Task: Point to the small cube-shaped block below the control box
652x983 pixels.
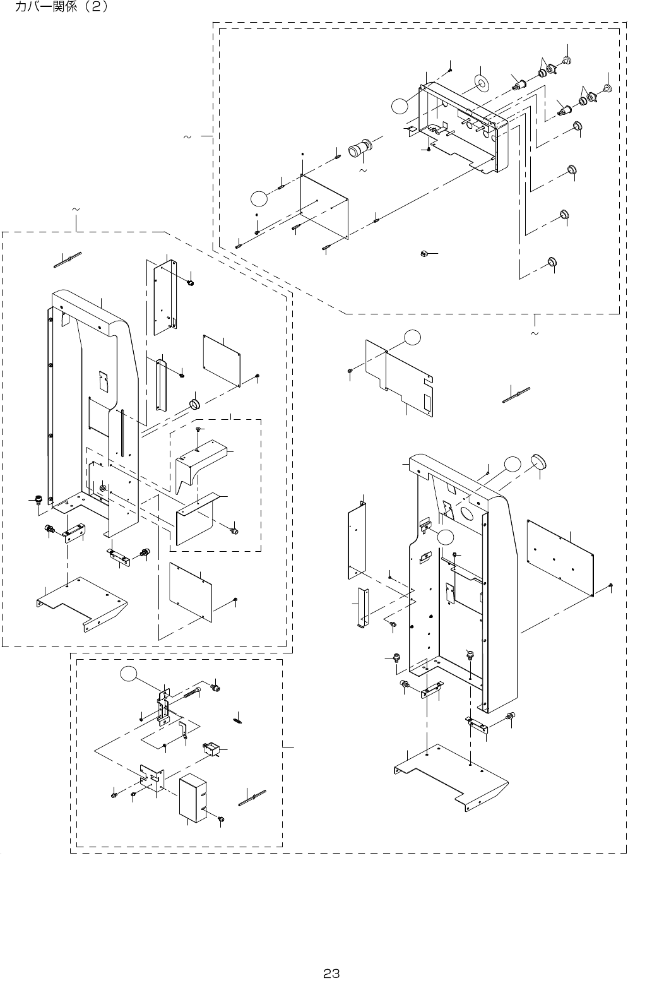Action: [424, 254]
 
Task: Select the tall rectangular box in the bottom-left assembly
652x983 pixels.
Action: [194, 799]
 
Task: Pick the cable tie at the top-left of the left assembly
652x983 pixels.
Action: [68, 259]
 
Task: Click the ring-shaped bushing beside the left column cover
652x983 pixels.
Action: [194, 404]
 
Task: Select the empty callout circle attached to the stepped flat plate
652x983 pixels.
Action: [412, 338]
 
